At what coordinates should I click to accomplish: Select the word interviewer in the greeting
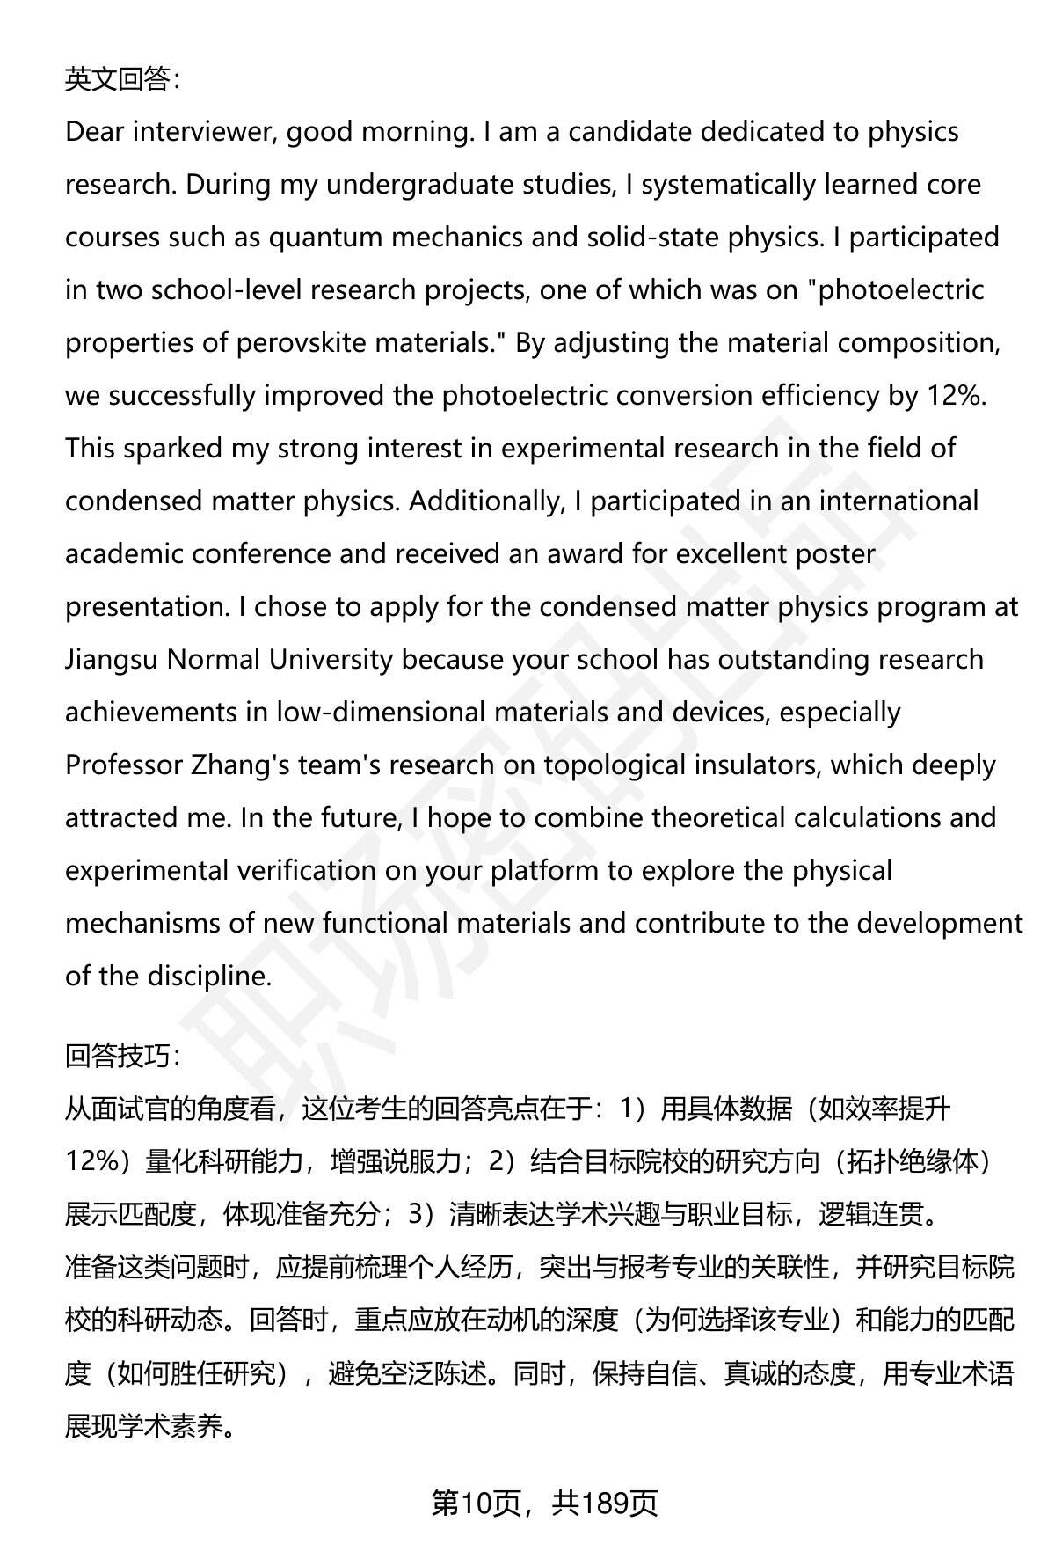click(206, 132)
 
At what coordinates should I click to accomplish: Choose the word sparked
click(172, 449)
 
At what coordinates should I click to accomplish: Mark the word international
click(899, 501)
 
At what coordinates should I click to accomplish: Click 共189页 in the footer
click(605, 1504)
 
